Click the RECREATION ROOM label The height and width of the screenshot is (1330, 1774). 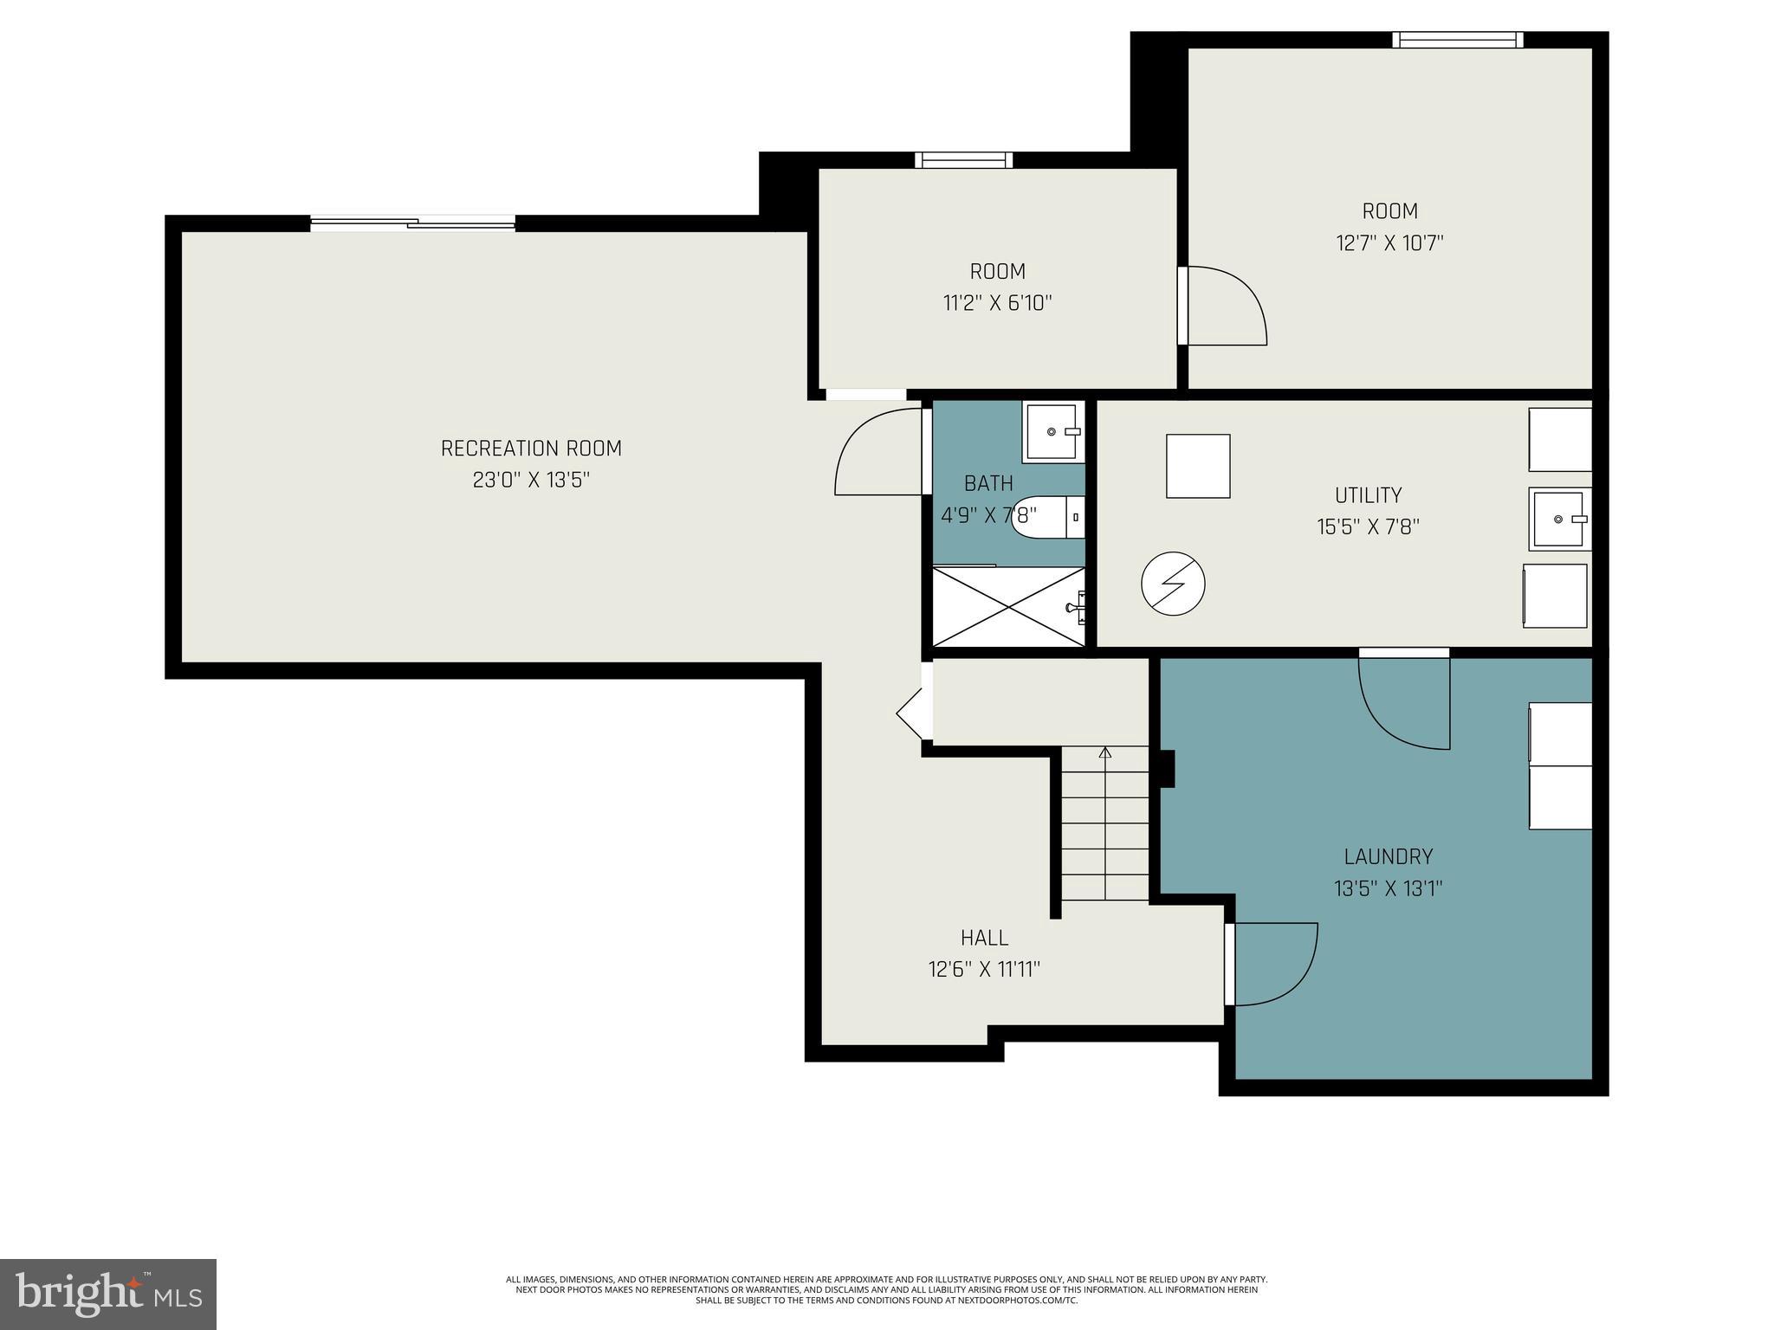(531, 449)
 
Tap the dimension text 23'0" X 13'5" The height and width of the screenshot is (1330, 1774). (531, 481)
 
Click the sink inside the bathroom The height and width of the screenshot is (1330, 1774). (1052, 431)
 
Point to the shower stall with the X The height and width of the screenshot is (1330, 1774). (1007, 606)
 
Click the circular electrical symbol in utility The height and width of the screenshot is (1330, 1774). (1173, 584)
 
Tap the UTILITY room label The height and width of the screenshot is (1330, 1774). (1368, 495)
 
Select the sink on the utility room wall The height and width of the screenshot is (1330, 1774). (1559, 519)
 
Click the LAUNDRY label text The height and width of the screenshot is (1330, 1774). (1388, 857)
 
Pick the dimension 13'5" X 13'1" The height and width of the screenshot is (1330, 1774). (1388, 889)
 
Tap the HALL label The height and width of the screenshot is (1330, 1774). (984, 938)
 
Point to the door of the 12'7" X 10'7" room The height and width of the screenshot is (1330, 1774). (1221, 306)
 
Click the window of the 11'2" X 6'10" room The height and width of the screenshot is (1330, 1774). (963, 160)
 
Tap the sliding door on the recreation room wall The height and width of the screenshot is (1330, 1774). (412, 223)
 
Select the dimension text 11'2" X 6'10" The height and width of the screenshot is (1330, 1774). (997, 304)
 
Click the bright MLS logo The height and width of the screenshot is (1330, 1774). (107, 1294)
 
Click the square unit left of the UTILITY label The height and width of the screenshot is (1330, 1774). (1198, 466)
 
